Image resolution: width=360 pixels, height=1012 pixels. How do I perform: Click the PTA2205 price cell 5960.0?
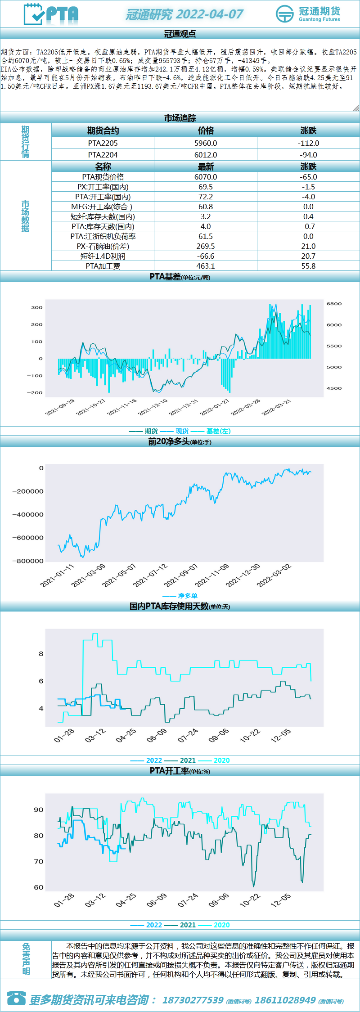206,143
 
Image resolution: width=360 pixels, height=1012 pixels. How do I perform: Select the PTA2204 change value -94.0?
308,155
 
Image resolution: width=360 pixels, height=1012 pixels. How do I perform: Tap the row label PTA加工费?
103,266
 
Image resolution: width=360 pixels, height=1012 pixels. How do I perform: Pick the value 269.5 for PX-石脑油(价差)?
206,246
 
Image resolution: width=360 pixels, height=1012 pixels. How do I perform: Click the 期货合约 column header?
103,131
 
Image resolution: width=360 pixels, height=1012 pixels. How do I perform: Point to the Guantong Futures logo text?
319,13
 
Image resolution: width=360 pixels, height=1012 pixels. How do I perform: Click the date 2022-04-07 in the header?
209,14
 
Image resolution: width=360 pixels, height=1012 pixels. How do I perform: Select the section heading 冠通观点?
180,34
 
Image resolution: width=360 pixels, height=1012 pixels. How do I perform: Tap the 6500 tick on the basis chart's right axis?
334,304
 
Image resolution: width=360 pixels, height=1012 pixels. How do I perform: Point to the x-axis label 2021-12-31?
183,407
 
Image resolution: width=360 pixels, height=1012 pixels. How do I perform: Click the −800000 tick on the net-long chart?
28,561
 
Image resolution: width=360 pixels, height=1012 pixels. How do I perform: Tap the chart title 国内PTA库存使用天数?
169,606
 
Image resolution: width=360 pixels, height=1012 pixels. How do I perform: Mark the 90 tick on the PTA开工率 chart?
39,810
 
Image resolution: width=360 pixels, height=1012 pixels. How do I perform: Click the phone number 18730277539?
193,1000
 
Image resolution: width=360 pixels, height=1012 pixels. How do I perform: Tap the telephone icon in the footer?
16,998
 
